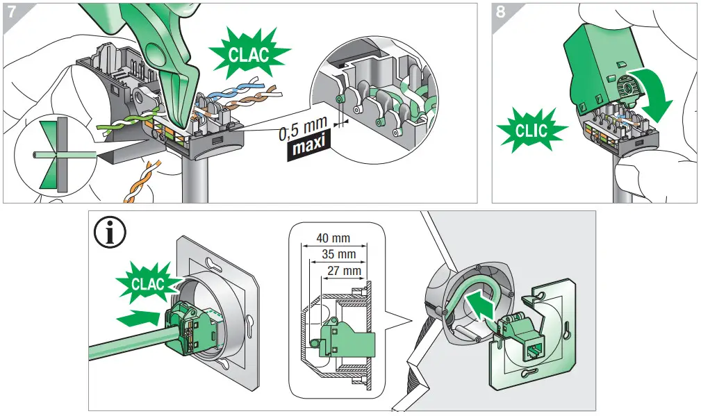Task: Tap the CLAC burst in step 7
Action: coord(248,55)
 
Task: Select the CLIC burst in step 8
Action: coord(531,129)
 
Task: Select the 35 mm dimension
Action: coord(338,255)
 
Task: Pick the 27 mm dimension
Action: coord(343,270)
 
